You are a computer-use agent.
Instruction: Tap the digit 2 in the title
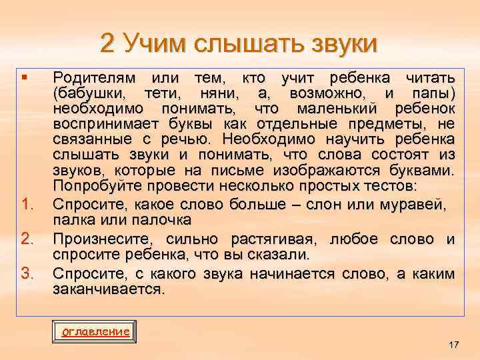click(x=109, y=43)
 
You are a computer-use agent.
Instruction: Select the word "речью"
click(x=188, y=139)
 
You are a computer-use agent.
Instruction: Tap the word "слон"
click(x=342, y=201)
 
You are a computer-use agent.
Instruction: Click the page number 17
click(x=453, y=345)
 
